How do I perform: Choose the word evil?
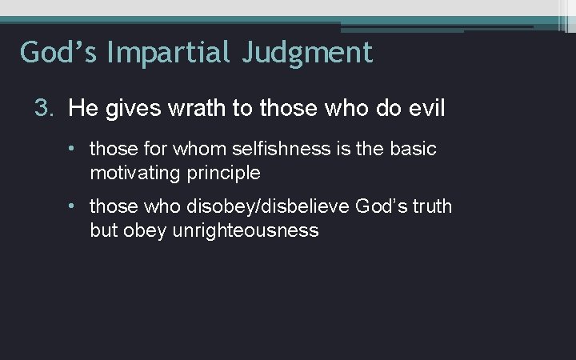pos(424,108)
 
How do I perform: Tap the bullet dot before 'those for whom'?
pos(73,149)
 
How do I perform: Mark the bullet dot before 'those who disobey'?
pos(73,206)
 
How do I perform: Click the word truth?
pos(431,206)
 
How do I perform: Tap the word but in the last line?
pos(103,230)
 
